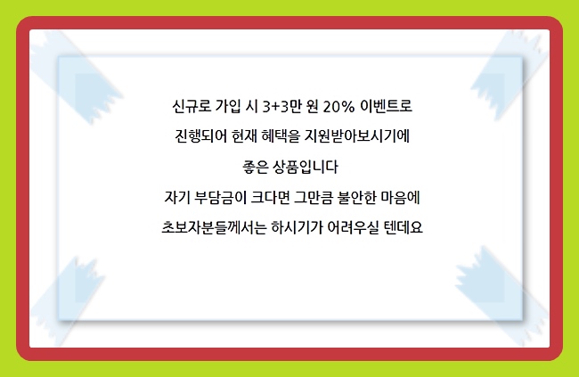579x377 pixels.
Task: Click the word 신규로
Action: point(192,106)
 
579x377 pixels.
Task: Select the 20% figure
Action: point(338,107)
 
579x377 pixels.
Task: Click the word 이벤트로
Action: point(386,106)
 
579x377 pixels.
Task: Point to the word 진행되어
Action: point(201,136)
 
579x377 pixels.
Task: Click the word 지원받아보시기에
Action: point(356,136)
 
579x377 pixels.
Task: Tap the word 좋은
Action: point(255,167)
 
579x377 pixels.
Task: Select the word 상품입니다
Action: point(305,167)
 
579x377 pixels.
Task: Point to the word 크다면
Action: point(270,197)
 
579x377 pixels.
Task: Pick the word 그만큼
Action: point(314,197)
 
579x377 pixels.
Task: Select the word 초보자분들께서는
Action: point(214,227)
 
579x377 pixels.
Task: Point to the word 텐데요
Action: point(404,227)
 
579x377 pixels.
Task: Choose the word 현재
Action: point(244,136)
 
